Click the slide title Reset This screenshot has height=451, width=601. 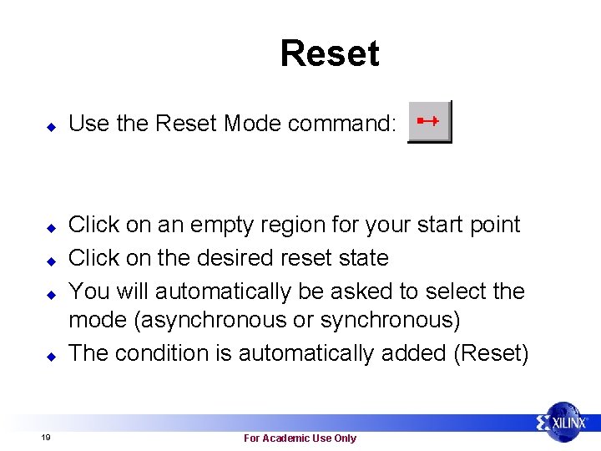(330, 53)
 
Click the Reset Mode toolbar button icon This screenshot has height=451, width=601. (429, 122)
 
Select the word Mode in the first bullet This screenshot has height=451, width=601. (251, 124)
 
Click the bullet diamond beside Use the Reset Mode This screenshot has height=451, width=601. (50, 126)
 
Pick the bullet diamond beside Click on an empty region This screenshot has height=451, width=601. (50, 227)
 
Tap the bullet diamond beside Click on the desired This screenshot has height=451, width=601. (50, 261)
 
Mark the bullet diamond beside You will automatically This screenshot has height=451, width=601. (50, 294)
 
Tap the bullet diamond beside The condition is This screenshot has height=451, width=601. (50, 356)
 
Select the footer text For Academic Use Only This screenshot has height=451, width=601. (300, 438)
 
